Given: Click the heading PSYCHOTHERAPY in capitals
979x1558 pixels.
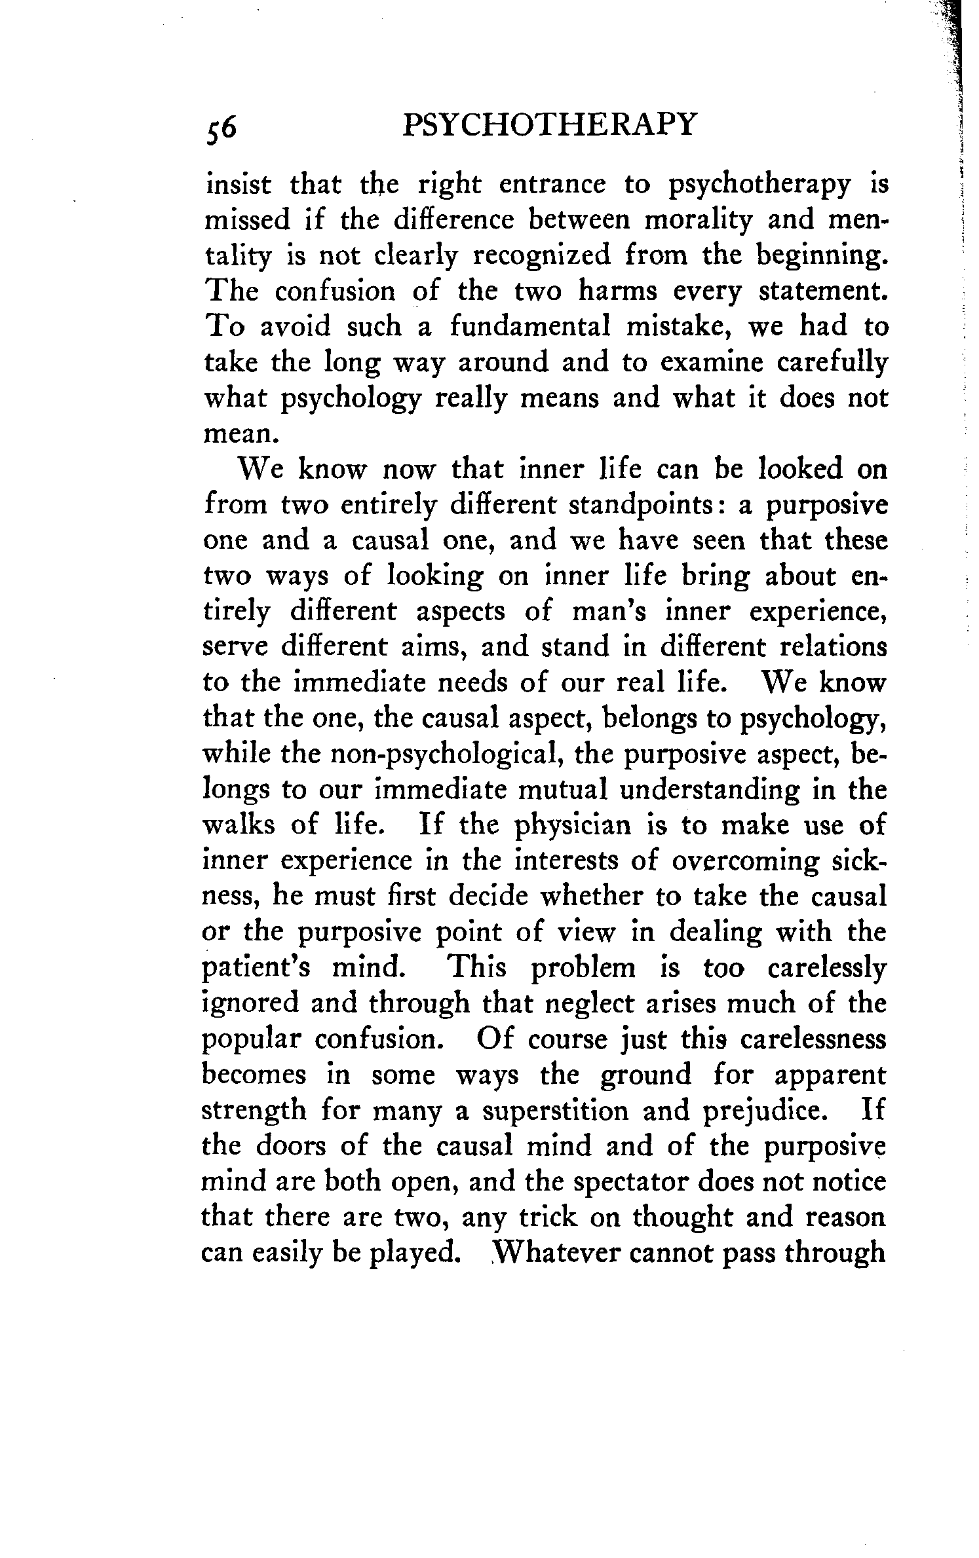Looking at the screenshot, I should click(548, 124).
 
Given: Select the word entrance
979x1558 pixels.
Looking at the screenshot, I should click(554, 185).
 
